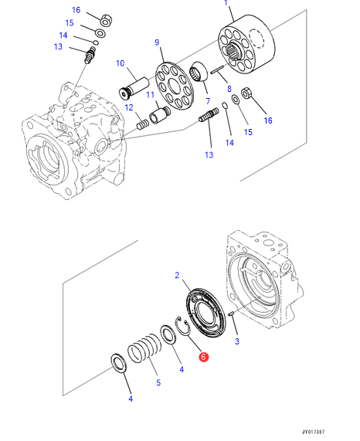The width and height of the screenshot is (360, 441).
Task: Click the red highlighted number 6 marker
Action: coord(203,357)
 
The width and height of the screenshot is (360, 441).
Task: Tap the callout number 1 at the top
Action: coord(226,2)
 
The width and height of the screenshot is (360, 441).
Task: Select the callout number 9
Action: coord(157,42)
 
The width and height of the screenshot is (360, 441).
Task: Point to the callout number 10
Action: coord(120,63)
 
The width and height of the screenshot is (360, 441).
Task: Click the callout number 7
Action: coord(208,101)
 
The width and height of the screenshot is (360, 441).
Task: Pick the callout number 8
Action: coord(229,89)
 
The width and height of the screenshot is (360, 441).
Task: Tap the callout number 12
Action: coord(129,107)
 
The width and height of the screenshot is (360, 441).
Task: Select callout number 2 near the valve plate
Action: coord(177,275)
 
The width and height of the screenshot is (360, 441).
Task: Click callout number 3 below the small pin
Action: coord(237,341)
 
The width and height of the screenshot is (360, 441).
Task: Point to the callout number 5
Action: coord(158,382)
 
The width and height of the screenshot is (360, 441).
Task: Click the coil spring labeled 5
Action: coord(144,348)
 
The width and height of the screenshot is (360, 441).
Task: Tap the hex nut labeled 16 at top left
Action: coord(107,21)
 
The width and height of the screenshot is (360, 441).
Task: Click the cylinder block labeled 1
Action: coord(246,45)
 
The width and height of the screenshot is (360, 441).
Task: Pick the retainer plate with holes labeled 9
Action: coord(175,86)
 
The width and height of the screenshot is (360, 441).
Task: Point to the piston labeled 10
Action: coord(134,88)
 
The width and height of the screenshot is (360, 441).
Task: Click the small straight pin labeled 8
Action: coord(217,70)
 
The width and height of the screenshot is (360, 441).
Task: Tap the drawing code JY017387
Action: coord(314,432)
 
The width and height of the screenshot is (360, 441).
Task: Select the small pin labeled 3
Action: coord(231,314)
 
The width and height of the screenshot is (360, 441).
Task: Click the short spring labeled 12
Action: coord(143,124)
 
